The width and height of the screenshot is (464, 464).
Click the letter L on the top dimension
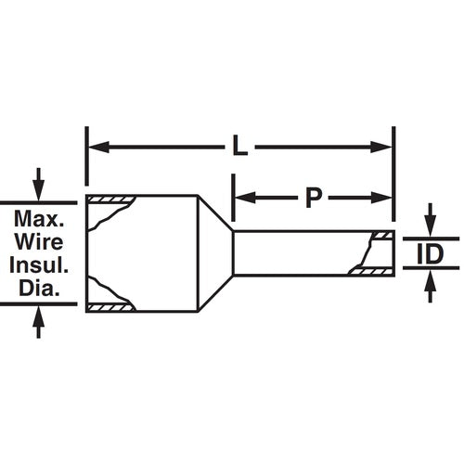(x=240, y=147)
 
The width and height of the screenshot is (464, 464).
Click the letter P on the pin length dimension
(x=314, y=197)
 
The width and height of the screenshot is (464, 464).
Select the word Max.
(x=38, y=221)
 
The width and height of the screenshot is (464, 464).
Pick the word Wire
(x=38, y=243)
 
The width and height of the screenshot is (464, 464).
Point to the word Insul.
(x=38, y=266)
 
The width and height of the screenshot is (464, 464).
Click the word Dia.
(x=38, y=289)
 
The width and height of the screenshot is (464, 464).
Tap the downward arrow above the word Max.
(x=38, y=188)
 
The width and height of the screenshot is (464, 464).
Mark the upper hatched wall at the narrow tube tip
(x=381, y=237)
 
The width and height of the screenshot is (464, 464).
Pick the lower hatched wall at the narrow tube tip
(x=371, y=271)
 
